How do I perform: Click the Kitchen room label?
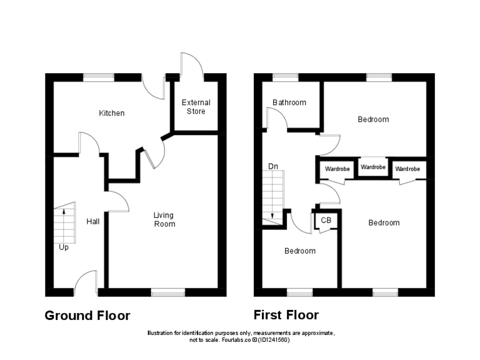[x=112, y=113]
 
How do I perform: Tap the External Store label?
[x=196, y=107]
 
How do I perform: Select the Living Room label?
[x=165, y=219]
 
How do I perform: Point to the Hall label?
[x=93, y=222]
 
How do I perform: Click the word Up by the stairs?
[x=64, y=247]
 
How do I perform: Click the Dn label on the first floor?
[x=273, y=167]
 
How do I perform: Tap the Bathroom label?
[x=289, y=102]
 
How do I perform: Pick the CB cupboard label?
[x=326, y=220]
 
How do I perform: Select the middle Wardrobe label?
[x=373, y=167]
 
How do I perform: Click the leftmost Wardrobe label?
[x=336, y=169]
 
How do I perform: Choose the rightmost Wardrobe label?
[x=407, y=169]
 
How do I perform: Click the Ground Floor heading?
[x=87, y=316]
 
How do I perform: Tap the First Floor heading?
[x=286, y=315]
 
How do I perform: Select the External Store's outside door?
[x=191, y=66]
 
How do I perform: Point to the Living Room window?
[x=167, y=292]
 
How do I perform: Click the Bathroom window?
[x=285, y=77]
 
